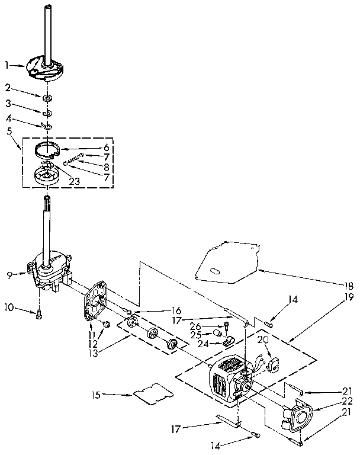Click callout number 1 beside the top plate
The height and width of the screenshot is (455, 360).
[7, 65]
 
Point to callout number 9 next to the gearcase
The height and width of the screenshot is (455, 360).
[9, 274]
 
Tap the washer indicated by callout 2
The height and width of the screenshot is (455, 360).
[46, 96]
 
